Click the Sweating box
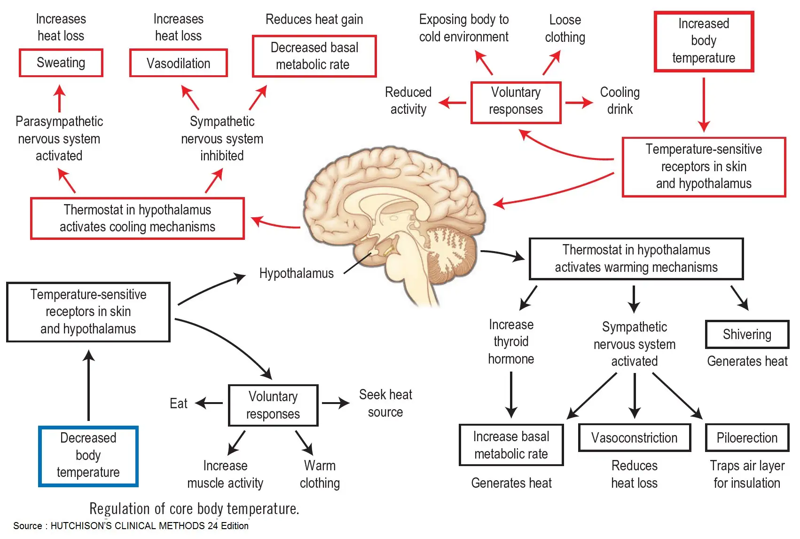[61, 63]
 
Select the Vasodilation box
[178, 63]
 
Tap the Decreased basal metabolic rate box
[314, 56]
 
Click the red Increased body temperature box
[703, 41]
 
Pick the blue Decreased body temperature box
[88, 455]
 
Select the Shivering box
[746, 334]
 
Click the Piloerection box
[746, 438]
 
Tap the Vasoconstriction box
[634, 438]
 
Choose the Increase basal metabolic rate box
[511, 445]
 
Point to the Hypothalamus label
[296, 273]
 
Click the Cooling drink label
[620, 101]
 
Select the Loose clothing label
[565, 29]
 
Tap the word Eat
[179, 404]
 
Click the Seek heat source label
[385, 403]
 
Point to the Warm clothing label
[320, 474]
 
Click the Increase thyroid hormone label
[511, 342]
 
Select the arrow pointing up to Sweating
[60, 98]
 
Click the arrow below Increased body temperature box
[703, 104]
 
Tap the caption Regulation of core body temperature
[194, 508]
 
